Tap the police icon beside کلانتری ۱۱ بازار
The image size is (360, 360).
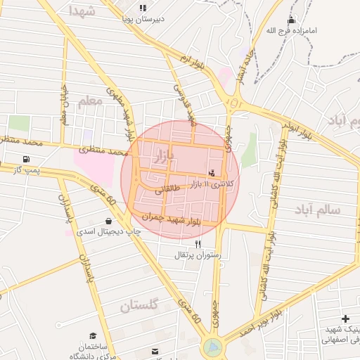(x=212, y=173)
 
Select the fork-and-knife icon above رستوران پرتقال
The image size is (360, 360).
(x=198, y=243)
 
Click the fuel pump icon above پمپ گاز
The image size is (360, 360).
(x=27, y=159)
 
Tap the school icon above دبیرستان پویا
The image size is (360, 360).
(x=143, y=8)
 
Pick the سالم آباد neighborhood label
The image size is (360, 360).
(x=317, y=210)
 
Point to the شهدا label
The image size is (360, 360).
(x=83, y=11)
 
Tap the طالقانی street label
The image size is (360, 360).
(x=166, y=190)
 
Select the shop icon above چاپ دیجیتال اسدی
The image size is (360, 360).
(x=108, y=221)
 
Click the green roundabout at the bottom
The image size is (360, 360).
(x=212, y=347)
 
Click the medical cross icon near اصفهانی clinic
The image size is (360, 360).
(x=345, y=319)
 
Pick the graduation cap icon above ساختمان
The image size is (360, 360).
(x=93, y=337)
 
